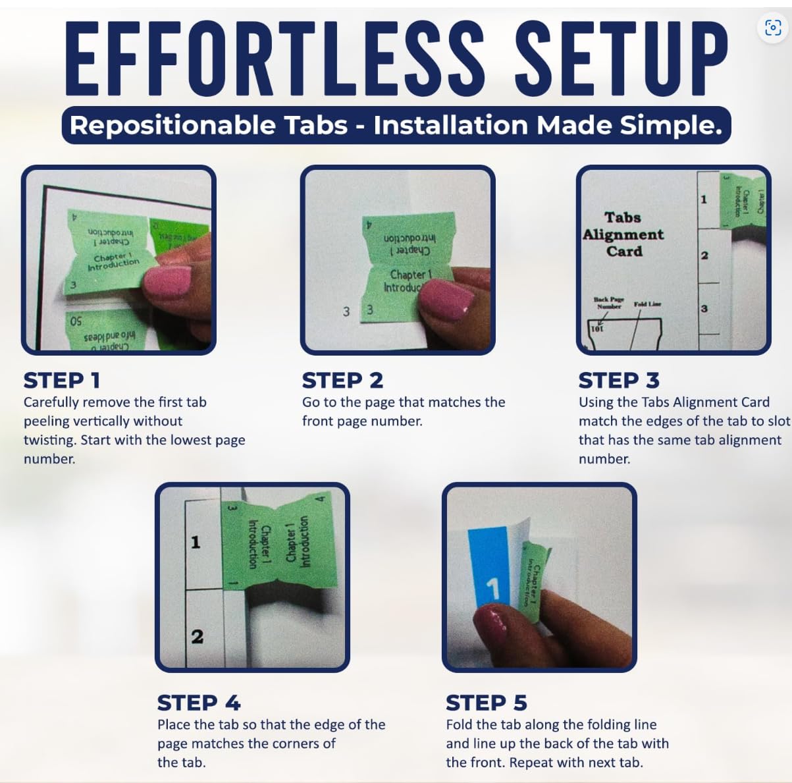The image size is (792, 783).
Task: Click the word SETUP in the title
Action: [620, 61]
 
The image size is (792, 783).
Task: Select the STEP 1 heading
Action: [62, 380]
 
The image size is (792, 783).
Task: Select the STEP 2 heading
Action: [342, 380]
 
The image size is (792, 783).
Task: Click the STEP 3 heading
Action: [618, 380]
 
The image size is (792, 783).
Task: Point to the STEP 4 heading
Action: [199, 703]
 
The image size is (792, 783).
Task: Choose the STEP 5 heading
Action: [486, 703]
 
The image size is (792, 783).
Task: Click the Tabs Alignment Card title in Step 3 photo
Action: [623, 234]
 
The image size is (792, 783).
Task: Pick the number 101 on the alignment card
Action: [596, 328]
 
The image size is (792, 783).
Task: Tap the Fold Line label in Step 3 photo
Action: [647, 304]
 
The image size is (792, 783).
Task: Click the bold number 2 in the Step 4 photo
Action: [197, 636]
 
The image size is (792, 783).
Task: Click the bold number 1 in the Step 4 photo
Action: [196, 542]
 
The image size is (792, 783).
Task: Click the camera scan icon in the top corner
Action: [773, 27]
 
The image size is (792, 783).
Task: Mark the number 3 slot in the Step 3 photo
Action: [704, 308]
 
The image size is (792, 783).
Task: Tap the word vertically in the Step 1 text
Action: [151, 421]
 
